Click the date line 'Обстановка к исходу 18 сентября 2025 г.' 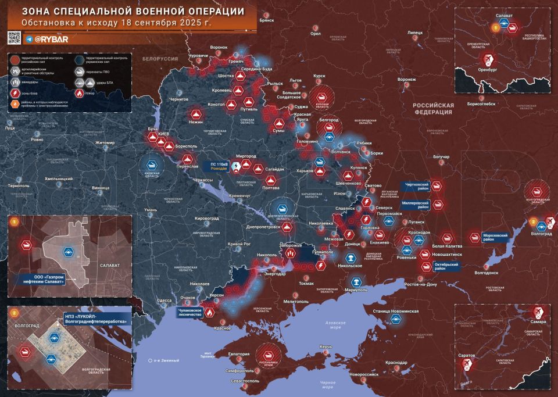(x=117, y=23)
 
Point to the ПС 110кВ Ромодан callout (x=220, y=167)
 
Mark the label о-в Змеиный (x=165, y=361)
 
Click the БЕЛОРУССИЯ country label (x=161, y=59)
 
